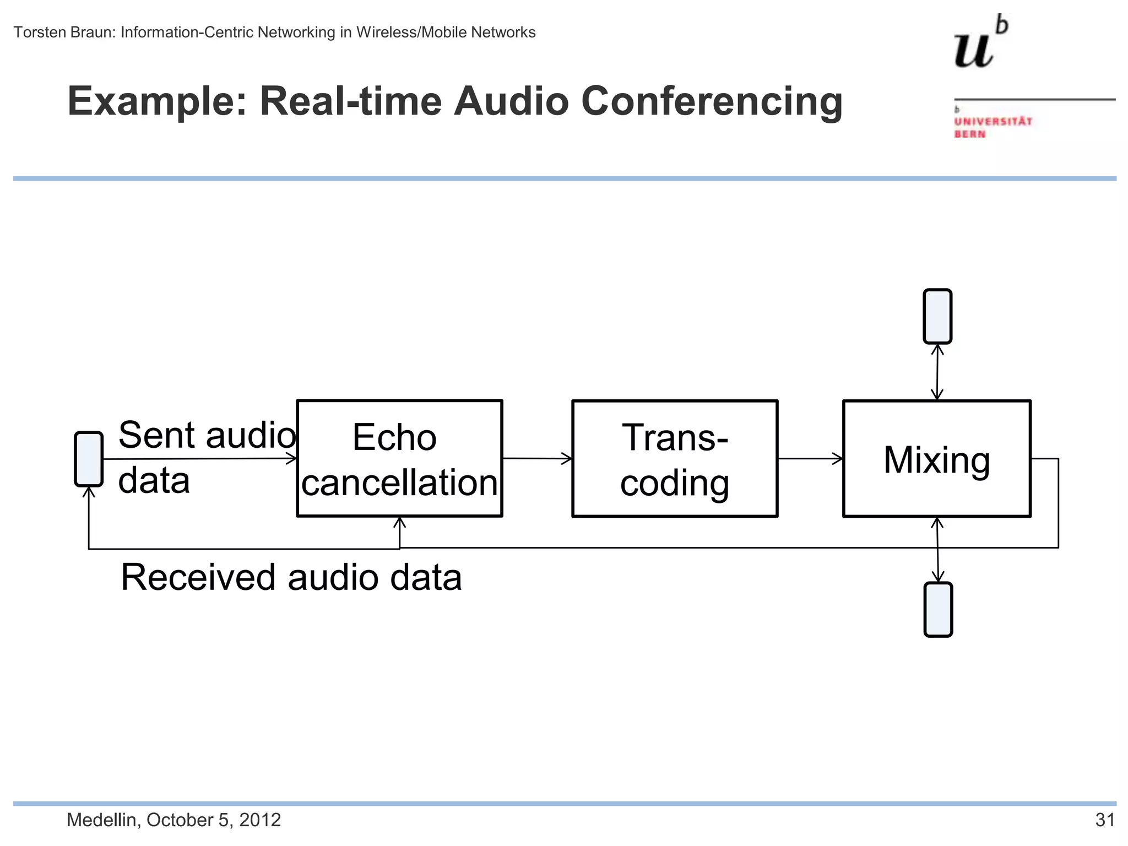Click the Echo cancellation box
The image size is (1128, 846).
pos(399,458)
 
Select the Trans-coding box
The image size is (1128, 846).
pos(675,458)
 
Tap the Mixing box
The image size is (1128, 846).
pos(936,458)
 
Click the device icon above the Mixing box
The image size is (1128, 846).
pos(937,316)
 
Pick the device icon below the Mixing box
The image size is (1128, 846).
pos(938,610)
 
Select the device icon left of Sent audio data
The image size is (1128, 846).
pos(89,459)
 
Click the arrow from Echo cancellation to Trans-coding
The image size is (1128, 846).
pos(537,458)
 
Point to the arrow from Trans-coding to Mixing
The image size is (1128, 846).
pos(810,458)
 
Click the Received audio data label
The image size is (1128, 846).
pos(291,577)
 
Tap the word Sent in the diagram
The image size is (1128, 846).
pos(156,435)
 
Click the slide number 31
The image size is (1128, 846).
pos(1104,820)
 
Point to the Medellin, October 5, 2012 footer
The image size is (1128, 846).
pos(173,820)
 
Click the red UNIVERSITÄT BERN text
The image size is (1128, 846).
pos(993,127)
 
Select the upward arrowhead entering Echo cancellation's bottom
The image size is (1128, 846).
pos(400,522)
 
